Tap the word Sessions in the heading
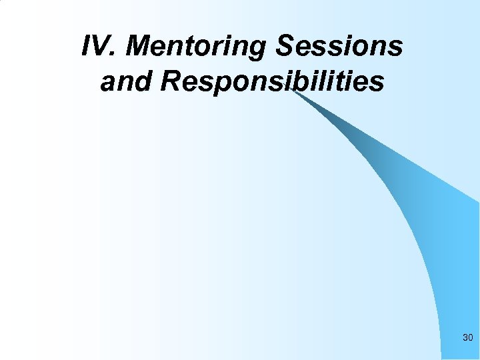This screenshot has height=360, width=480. click(339, 47)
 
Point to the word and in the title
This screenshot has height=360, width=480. click(127, 82)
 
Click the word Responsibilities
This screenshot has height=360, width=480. click(272, 82)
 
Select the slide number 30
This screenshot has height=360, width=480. click(467, 339)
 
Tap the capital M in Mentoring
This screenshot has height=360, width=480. click(140, 47)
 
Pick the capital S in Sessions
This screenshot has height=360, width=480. click(285, 47)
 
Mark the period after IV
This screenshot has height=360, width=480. click(116, 55)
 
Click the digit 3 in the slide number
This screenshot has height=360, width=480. click(465, 339)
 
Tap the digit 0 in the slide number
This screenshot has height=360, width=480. click(471, 339)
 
